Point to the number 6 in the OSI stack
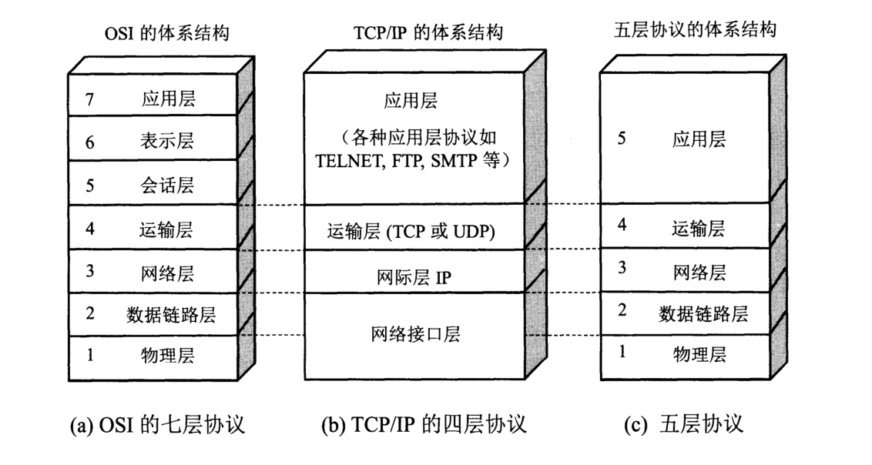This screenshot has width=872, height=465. pos(89,141)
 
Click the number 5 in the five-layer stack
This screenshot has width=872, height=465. pos(621,139)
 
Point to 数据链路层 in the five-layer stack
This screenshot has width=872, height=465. pos(703,313)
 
